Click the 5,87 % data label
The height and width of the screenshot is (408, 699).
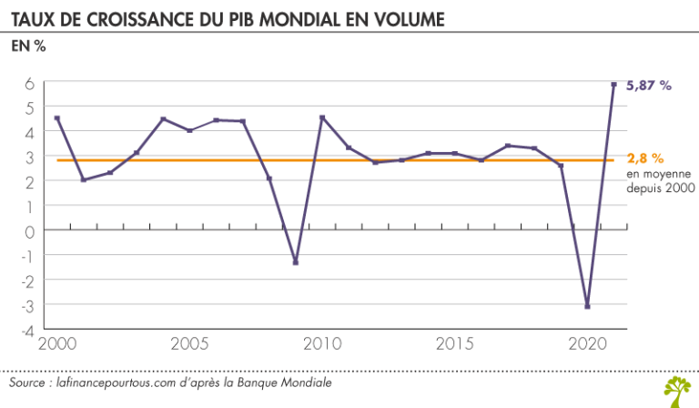tap(650, 86)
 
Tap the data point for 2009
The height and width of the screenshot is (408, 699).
tap(296, 262)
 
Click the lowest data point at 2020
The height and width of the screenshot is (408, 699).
tap(587, 307)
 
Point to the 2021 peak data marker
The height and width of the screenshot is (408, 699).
tap(613, 85)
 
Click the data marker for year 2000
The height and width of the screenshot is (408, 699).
tap(56, 117)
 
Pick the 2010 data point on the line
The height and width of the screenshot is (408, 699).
tap(322, 117)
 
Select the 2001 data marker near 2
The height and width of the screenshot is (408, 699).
tap(84, 179)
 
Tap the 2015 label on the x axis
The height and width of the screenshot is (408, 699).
tap(453, 346)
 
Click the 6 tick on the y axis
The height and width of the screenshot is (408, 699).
tap(30, 83)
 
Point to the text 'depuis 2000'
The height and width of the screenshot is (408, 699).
tap(661, 188)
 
